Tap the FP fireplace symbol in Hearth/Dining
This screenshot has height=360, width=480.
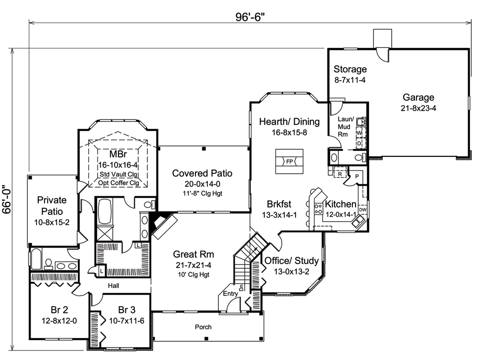[x=289, y=161]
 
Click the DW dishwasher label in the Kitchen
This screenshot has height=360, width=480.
[x=362, y=210]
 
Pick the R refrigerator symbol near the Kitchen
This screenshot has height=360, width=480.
[x=340, y=174]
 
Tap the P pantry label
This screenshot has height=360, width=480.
[x=358, y=177]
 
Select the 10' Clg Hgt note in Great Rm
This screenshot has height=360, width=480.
[x=193, y=275]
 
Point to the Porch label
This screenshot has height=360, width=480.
[x=203, y=327]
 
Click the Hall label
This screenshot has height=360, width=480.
[x=113, y=286]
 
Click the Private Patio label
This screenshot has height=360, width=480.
[x=51, y=205]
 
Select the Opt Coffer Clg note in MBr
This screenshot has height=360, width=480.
[x=119, y=183]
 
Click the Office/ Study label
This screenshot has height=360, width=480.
[x=292, y=261]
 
